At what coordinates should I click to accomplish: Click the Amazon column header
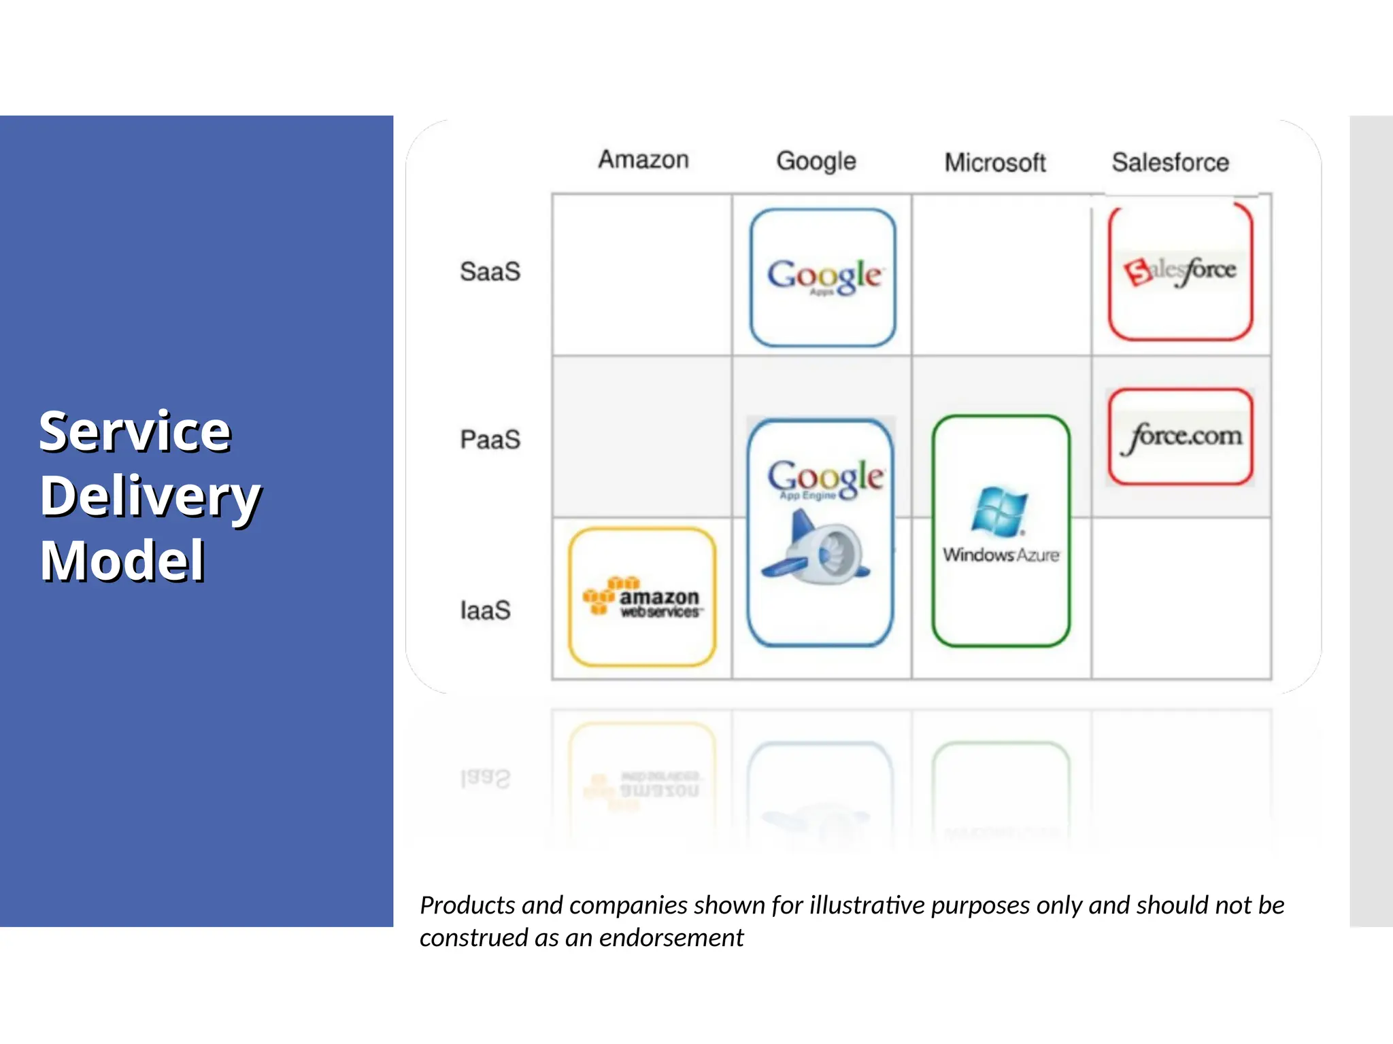pos(643,160)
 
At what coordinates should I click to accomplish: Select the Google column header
pos(816,162)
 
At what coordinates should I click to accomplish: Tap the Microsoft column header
pos(995,163)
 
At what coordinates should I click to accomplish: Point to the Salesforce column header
pos(1171,162)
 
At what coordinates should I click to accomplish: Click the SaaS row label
pos(490,271)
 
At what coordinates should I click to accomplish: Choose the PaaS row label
pos(490,440)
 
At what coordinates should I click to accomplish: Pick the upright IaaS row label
pos(485,610)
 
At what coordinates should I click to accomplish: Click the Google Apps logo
pos(824,277)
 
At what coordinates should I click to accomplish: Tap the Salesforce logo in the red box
pos(1180,271)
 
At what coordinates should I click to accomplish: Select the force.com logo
pos(1181,436)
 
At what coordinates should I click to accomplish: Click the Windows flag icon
pos(999,511)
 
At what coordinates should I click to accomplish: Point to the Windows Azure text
pos(1001,555)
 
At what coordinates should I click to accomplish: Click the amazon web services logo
pos(642,597)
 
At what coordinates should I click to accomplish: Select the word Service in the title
pos(135,431)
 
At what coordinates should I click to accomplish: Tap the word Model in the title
pos(122,561)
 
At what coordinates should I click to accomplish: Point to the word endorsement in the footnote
pos(671,938)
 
